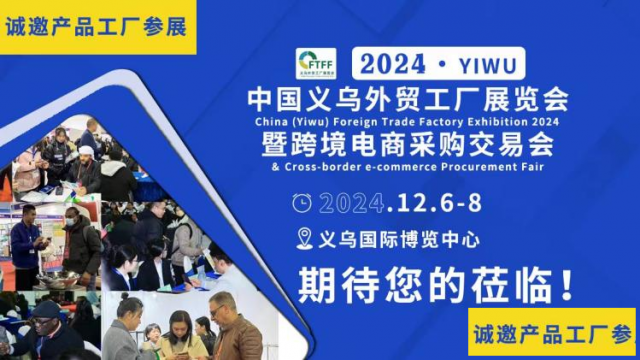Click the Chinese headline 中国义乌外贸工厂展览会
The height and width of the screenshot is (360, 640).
coord(407,99)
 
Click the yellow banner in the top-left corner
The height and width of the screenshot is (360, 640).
coord(96,26)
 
